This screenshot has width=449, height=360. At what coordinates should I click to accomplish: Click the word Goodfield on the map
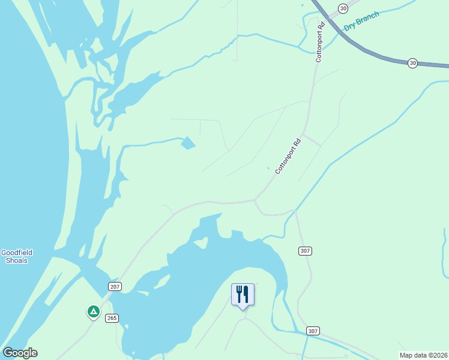[x=17, y=253]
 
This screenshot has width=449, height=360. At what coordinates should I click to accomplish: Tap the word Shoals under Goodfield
[x=17, y=260]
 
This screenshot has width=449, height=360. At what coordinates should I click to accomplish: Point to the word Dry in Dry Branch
[x=351, y=27]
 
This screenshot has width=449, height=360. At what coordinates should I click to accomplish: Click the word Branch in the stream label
[x=368, y=19]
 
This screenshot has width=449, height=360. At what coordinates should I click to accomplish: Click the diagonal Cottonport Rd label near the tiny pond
[x=288, y=157]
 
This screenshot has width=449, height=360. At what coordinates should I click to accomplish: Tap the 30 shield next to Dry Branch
[x=342, y=8]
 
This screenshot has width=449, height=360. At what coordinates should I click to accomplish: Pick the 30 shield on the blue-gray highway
[x=412, y=62]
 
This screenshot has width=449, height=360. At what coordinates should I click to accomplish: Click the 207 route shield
[x=115, y=287]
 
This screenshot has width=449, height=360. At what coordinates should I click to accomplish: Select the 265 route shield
[x=112, y=317]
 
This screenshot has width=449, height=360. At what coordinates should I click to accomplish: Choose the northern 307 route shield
[x=304, y=250]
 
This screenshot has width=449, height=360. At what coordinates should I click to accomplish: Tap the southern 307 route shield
[x=313, y=331]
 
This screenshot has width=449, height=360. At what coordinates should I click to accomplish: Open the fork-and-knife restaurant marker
[x=243, y=295]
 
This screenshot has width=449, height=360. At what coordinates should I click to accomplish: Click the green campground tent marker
[x=93, y=311]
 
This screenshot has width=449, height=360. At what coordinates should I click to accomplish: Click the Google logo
[x=20, y=353]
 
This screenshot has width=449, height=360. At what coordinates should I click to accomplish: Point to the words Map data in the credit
[x=413, y=355]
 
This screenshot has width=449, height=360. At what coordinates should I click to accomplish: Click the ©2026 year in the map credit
[x=436, y=355]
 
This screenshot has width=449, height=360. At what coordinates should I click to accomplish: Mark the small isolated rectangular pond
[x=188, y=143]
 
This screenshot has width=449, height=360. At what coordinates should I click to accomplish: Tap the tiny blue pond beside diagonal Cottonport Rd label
[x=268, y=168]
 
